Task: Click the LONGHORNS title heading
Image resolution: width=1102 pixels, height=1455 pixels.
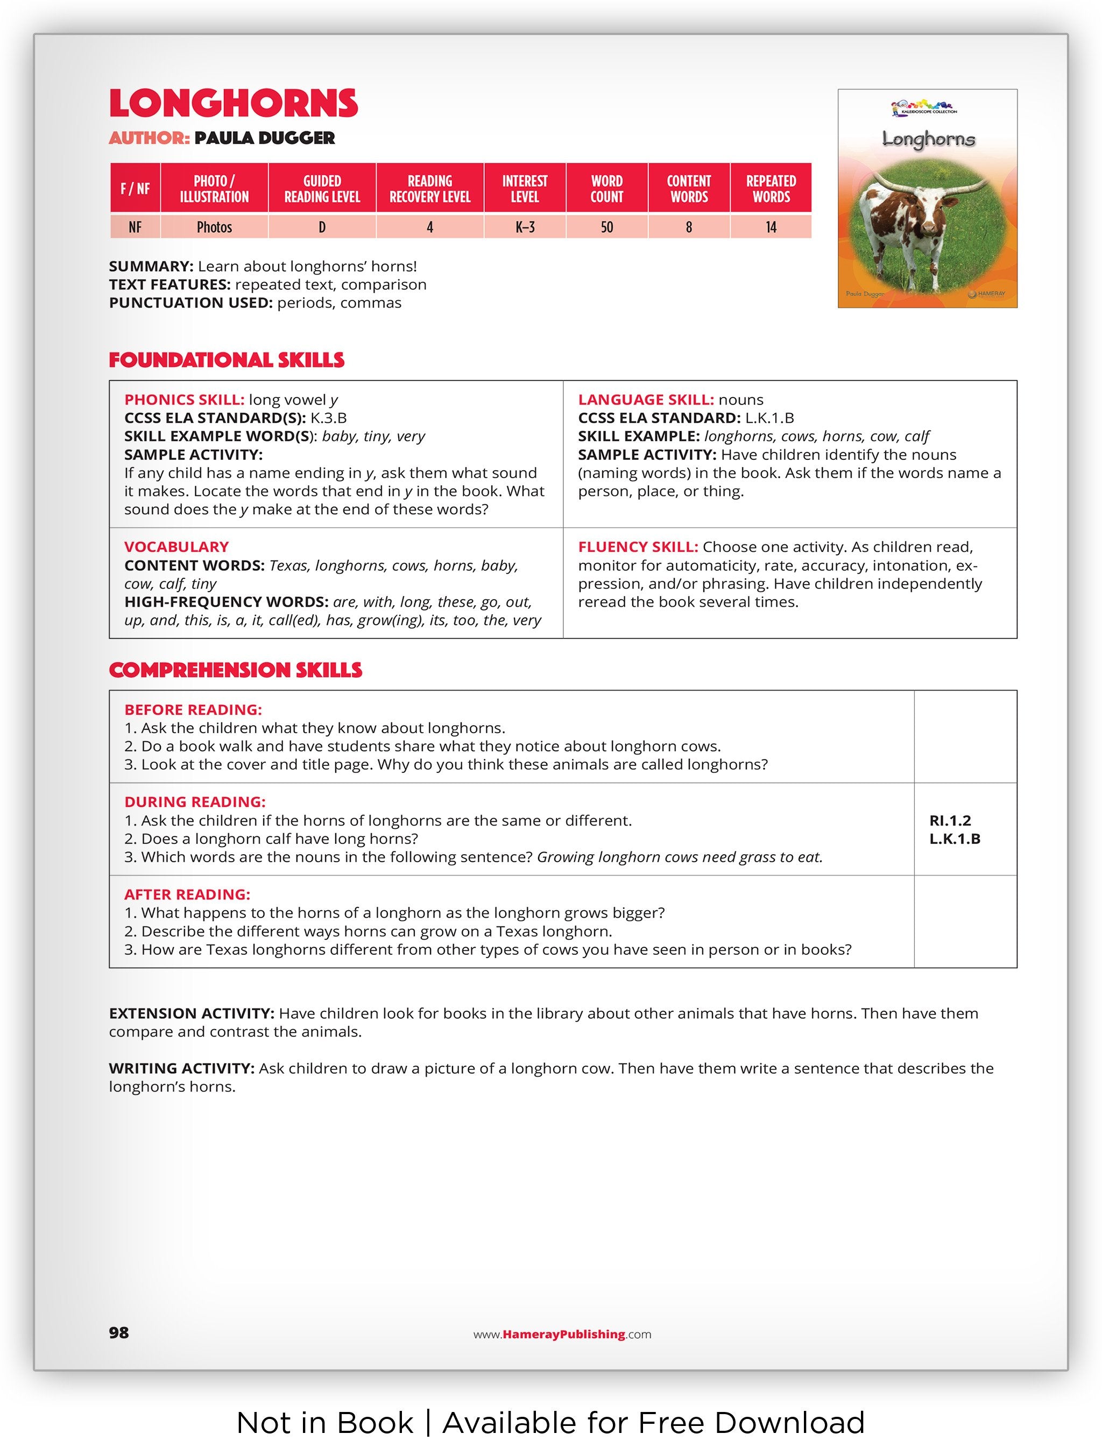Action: [234, 103]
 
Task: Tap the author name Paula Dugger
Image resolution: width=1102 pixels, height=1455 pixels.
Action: [265, 138]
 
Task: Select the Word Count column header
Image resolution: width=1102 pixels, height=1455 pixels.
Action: [606, 189]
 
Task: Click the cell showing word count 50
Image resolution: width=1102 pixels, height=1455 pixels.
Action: [606, 228]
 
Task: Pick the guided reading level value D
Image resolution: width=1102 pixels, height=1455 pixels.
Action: [322, 228]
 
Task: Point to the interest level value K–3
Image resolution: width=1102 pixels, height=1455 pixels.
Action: [524, 228]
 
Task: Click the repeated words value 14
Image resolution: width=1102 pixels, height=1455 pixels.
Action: [771, 228]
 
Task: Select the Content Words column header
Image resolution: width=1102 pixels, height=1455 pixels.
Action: [688, 189]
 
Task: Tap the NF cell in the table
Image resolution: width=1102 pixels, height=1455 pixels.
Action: [135, 228]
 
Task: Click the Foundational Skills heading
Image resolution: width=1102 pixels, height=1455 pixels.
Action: [227, 360]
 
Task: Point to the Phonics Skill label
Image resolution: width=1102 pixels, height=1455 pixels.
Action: [184, 400]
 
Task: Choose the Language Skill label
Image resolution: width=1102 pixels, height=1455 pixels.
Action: [645, 400]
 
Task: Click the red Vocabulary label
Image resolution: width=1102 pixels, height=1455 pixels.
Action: [176, 546]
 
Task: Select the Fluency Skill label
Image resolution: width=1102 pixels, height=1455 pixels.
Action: [638, 546]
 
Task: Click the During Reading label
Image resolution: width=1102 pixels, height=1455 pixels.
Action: [195, 802]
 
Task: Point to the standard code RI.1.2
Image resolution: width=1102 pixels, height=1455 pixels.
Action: [949, 820]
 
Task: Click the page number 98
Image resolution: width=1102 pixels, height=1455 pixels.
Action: [119, 1333]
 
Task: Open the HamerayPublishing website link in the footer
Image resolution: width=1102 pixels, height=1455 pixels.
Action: [562, 1334]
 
